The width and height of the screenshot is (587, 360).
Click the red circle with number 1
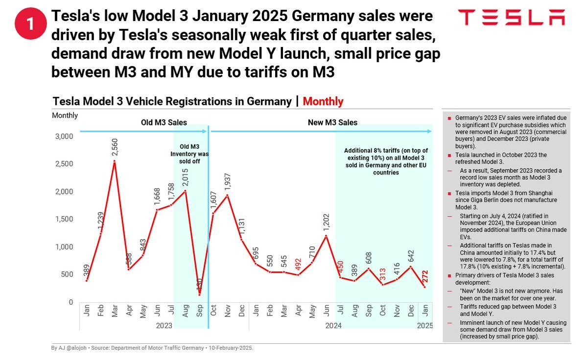click(30, 24)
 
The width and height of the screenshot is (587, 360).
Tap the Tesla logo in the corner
click(512, 18)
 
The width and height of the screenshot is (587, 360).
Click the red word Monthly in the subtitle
click(323, 101)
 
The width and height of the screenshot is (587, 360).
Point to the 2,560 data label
click(115, 148)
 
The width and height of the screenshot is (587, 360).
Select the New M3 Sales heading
click(332, 122)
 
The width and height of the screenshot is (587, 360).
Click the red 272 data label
click(425, 277)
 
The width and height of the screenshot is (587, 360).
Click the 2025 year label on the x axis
click(424, 325)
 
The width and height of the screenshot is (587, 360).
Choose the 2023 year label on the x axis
click(164, 325)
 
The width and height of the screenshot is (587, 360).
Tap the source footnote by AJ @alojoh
click(152, 348)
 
